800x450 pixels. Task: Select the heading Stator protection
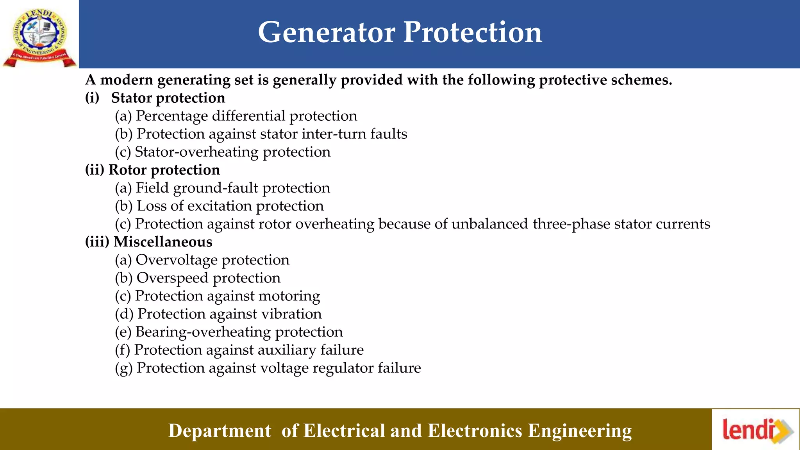click(x=168, y=98)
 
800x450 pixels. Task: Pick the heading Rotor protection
click(x=164, y=170)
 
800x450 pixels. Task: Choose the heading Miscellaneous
click(x=163, y=242)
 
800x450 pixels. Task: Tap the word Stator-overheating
click(x=196, y=152)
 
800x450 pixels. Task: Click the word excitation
click(x=219, y=206)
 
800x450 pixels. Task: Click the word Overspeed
click(x=172, y=278)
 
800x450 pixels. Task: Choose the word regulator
click(x=340, y=368)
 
